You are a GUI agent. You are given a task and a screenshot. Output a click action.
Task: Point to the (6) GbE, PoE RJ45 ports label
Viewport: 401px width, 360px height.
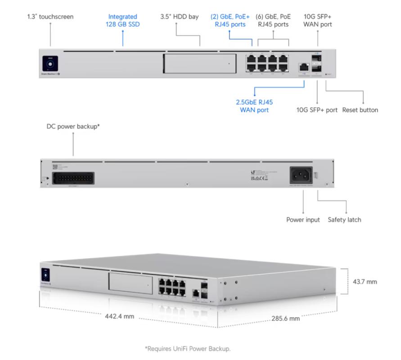click(273, 20)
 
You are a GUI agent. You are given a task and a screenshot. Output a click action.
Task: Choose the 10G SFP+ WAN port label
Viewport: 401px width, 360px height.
click(318, 20)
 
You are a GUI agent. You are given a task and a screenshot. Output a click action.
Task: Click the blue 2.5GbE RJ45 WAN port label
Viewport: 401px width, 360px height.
click(254, 106)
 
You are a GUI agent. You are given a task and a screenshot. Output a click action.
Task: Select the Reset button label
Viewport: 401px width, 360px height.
click(360, 110)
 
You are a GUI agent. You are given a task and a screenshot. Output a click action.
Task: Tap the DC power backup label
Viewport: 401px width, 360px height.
click(73, 127)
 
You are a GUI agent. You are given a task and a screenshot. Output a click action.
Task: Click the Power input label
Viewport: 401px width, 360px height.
click(303, 220)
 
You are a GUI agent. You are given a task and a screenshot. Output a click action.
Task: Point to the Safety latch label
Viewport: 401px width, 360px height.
click(344, 220)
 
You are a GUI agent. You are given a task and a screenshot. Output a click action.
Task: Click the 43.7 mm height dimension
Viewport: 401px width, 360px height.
click(365, 282)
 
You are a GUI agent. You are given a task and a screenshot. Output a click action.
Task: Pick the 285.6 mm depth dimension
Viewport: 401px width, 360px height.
click(285, 319)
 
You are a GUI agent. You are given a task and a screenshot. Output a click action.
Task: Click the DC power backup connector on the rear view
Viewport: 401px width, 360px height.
click(74, 177)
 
